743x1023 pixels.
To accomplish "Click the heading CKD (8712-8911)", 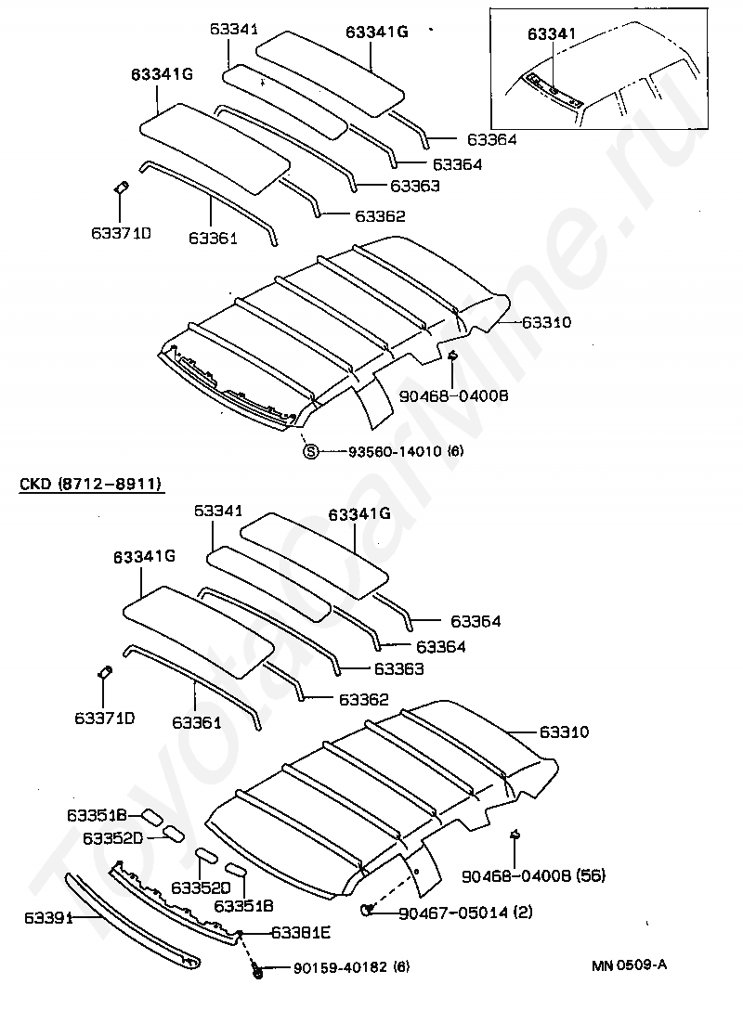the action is pos(90,485).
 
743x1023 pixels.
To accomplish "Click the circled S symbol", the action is pos(311,452).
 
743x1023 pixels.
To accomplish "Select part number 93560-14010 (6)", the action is pos(405,452).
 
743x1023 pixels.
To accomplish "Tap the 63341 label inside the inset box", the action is pos(552,34).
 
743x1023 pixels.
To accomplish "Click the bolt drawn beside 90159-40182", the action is pos(256,969).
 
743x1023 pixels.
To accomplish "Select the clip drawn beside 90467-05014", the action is pos(369,908).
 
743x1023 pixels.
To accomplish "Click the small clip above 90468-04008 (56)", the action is pos(514,837).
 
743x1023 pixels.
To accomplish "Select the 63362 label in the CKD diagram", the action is pos(363,699).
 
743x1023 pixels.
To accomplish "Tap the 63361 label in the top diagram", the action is pos(213,238).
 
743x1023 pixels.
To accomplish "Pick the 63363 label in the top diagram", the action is pos(414,186).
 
